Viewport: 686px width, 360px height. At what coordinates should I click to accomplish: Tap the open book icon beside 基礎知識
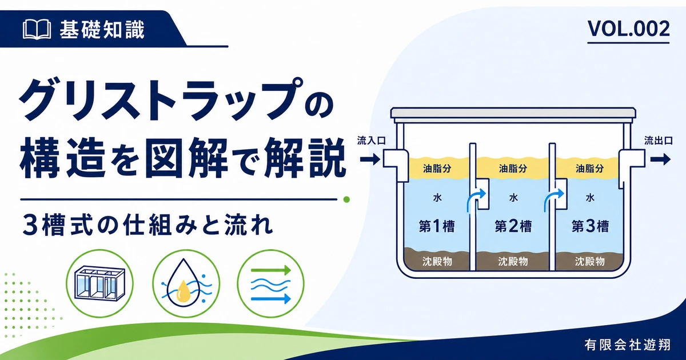click(37, 30)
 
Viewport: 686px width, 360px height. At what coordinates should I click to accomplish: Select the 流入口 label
click(371, 141)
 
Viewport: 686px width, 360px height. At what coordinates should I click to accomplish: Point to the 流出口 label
click(659, 141)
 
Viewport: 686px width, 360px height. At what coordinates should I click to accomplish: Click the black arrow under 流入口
click(370, 159)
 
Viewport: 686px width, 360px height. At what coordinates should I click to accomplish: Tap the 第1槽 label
click(437, 226)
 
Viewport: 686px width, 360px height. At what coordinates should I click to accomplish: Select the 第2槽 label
click(513, 226)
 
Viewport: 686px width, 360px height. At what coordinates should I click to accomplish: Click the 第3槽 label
click(590, 226)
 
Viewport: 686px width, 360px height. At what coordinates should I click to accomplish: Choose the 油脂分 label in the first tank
click(437, 169)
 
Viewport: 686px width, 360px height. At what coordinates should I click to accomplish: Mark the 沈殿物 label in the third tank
click(590, 262)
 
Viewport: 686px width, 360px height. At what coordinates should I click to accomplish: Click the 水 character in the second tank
click(513, 198)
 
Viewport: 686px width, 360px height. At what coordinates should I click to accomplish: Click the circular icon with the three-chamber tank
click(100, 283)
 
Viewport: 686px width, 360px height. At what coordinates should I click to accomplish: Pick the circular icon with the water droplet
click(186, 283)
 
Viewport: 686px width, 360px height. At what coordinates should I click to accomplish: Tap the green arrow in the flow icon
click(271, 270)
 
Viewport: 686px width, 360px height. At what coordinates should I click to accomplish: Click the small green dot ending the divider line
click(346, 199)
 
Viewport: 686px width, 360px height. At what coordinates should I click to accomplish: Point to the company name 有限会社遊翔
click(627, 345)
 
